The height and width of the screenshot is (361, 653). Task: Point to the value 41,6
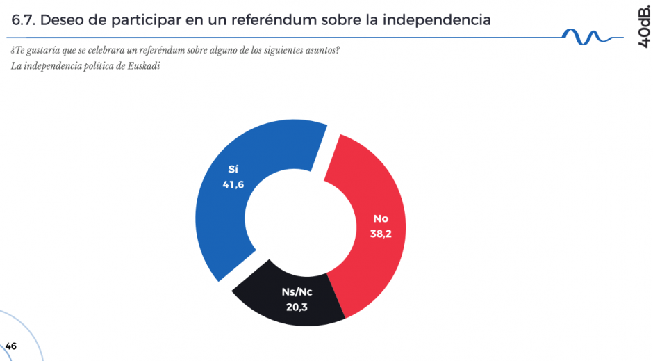pos(233,184)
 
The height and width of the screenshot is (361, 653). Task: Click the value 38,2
pos(381,234)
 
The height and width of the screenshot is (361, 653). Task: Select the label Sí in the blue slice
pos(233,169)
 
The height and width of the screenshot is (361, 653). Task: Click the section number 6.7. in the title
pos(24,20)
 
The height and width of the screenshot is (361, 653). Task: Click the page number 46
pos(10,346)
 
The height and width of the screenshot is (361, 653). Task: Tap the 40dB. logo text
pos(643,24)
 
